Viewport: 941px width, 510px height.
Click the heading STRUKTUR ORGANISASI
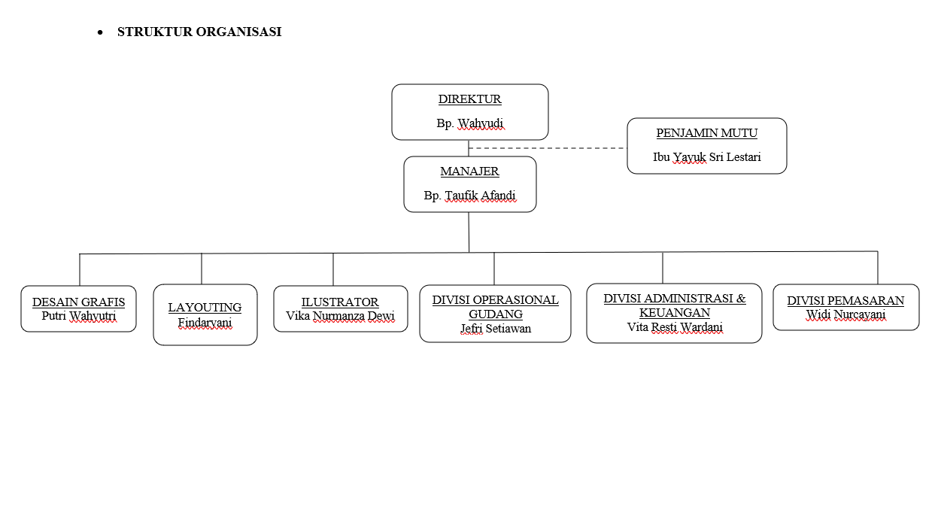coord(199,32)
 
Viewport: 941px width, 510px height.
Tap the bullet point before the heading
coord(99,33)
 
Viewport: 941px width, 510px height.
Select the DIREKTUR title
coord(469,99)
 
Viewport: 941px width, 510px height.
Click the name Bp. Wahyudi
coord(470,123)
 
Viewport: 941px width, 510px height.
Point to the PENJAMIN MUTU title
coord(706,133)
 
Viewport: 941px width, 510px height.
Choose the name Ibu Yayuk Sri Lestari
coord(706,158)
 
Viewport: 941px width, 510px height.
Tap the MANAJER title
coord(469,172)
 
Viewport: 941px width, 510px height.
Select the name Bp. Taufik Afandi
coord(469,196)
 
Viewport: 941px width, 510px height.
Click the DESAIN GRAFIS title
coord(78,302)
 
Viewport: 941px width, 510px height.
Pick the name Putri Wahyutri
coord(78,316)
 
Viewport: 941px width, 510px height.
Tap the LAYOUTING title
coord(205,308)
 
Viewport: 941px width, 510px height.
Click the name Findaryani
coord(205,323)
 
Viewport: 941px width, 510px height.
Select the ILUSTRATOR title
coord(340,302)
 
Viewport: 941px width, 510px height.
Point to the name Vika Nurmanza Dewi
coord(340,316)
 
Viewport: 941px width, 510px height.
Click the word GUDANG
coord(495,314)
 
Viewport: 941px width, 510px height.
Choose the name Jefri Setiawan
coord(495,329)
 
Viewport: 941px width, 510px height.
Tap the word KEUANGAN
coord(674,313)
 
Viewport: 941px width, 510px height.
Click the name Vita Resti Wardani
coord(674,327)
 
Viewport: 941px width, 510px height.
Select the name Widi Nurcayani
coord(845,314)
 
